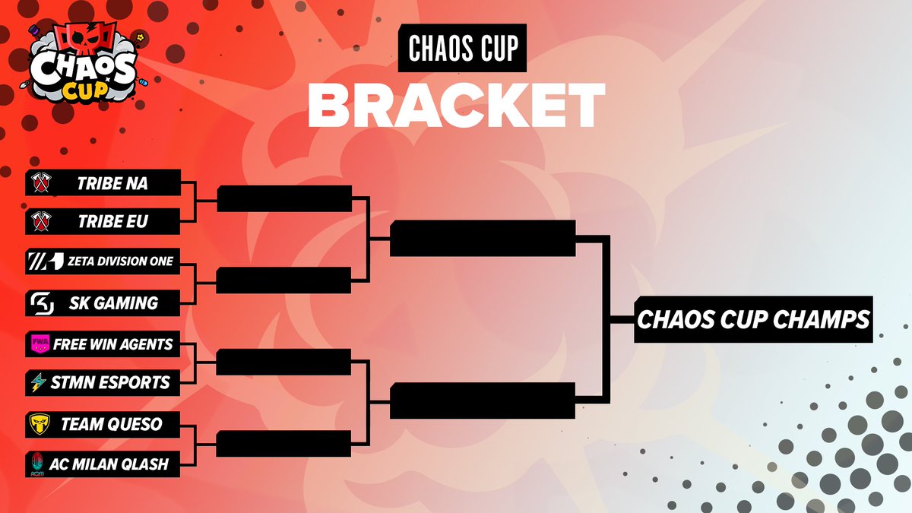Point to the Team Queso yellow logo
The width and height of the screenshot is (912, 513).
[39, 424]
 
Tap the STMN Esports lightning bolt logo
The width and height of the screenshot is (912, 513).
[38, 382]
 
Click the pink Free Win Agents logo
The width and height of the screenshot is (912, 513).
[39, 344]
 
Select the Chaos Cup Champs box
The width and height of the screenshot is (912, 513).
[752, 320]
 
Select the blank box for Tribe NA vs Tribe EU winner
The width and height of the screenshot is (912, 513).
[284, 198]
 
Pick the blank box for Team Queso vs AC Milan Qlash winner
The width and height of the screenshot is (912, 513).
[284, 444]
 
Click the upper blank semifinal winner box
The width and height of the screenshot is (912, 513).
[483, 239]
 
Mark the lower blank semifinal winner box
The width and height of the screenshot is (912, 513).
[483, 401]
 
